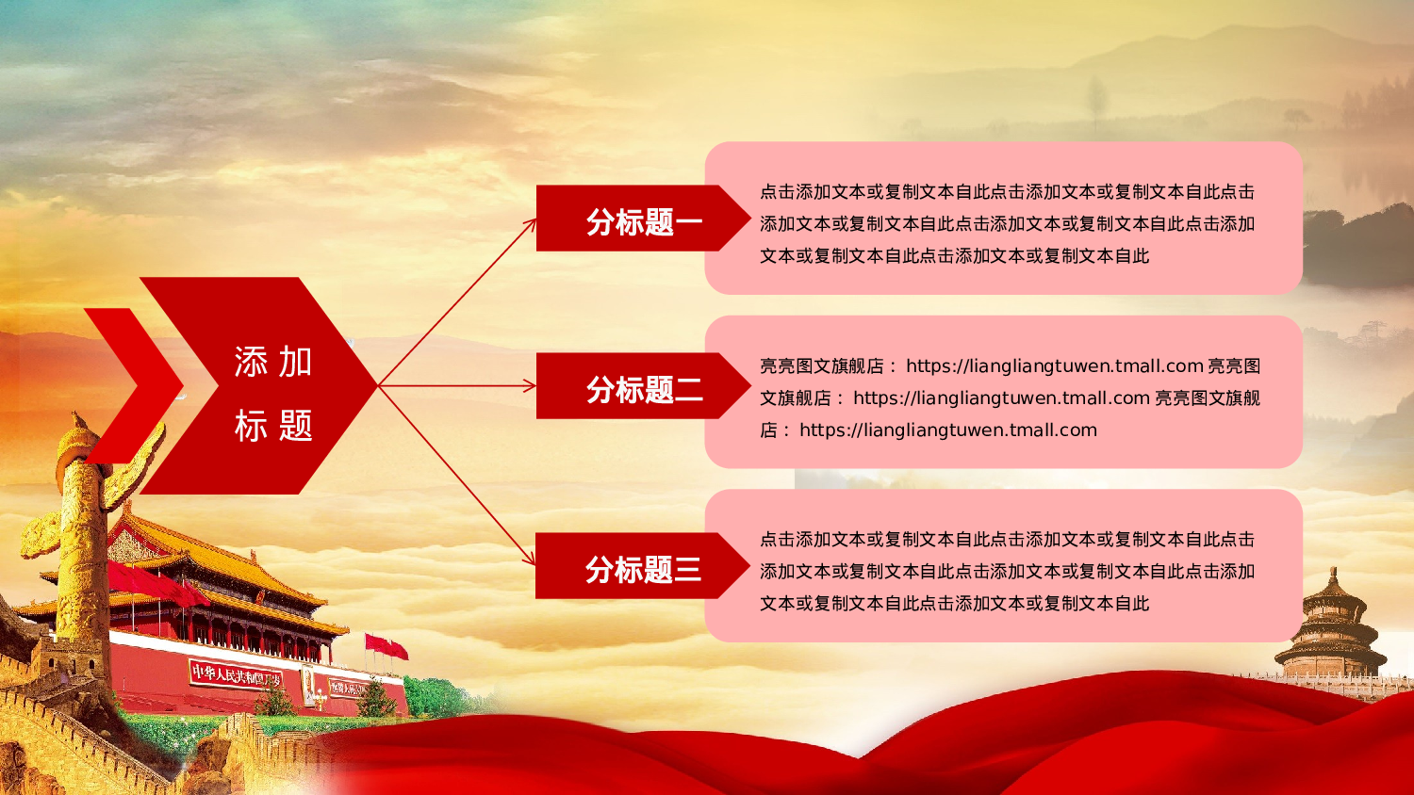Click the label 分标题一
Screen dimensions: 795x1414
pyautogui.click(x=644, y=222)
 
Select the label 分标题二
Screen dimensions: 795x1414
pyautogui.click(x=644, y=389)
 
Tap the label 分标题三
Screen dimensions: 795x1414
pyautogui.click(x=643, y=569)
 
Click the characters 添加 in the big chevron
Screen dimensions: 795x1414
pyautogui.click(x=273, y=362)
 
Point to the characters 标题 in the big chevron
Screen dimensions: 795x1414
pyautogui.click(x=273, y=426)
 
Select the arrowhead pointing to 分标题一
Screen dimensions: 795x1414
pyautogui.click(x=531, y=224)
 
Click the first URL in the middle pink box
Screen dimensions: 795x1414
pyautogui.click(x=1054, y=365)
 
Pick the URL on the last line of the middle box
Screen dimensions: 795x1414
pyautogui.click(x=947, y=430)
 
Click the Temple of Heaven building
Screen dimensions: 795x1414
pyautogui.click(x=1332, y=626)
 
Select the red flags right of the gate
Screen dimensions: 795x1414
pyautogui.click(x=386, y=646)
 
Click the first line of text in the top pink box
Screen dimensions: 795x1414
pyautogui.click(x=1007, y=191)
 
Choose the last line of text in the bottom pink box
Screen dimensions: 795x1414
pyautogui.click(x=954, y=603)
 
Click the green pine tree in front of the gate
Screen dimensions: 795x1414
pyautogui.click(x=377, y=698)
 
